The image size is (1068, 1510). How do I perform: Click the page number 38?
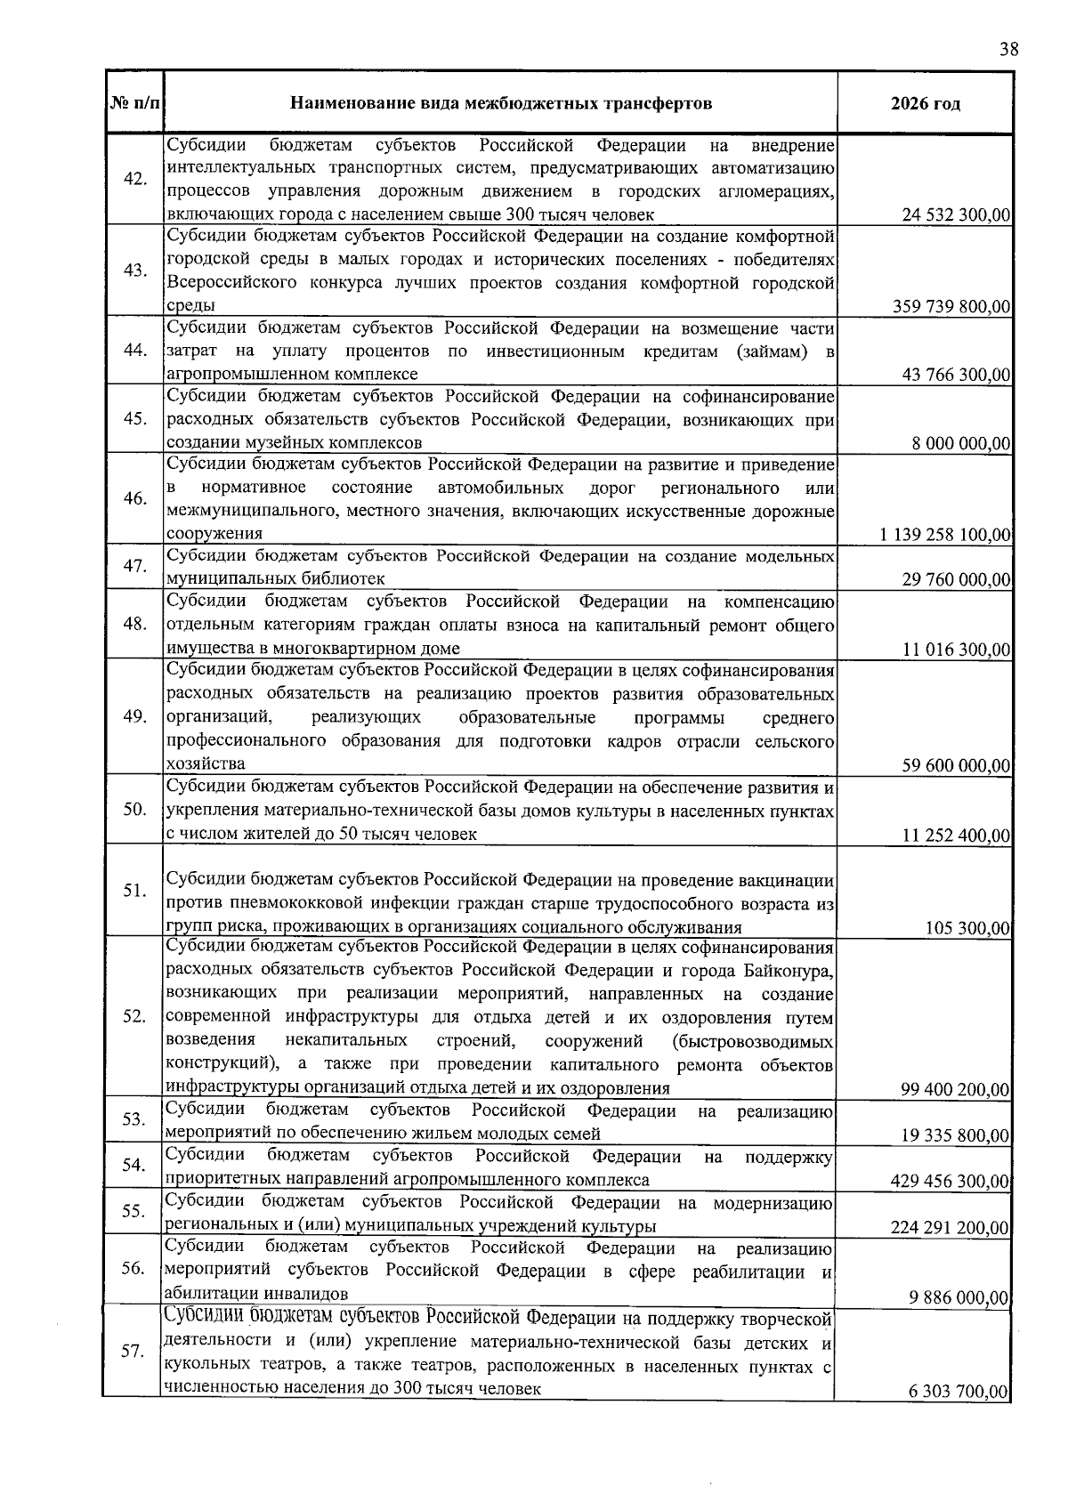click(x=1007, y=50)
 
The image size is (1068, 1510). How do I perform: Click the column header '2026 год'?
click(x=925, y=104)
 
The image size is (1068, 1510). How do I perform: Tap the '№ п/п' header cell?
click(x=135, y=104)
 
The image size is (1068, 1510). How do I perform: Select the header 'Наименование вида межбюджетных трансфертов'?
click(x=501, y=104)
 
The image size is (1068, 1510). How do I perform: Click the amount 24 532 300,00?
click(x=956, y=215)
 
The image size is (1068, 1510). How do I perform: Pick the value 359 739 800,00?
click(x=951, y=307)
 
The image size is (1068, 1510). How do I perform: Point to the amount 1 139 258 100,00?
click(x=945, y=535)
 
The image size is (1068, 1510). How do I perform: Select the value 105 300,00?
click(x=967, y=929)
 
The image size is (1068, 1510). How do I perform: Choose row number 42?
click(x=135, y=179)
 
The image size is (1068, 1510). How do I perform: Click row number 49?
click(x=135, y=717)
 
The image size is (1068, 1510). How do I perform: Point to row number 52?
click(x=135, y=1017)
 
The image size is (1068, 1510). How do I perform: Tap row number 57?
click(x=133, y=1352)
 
